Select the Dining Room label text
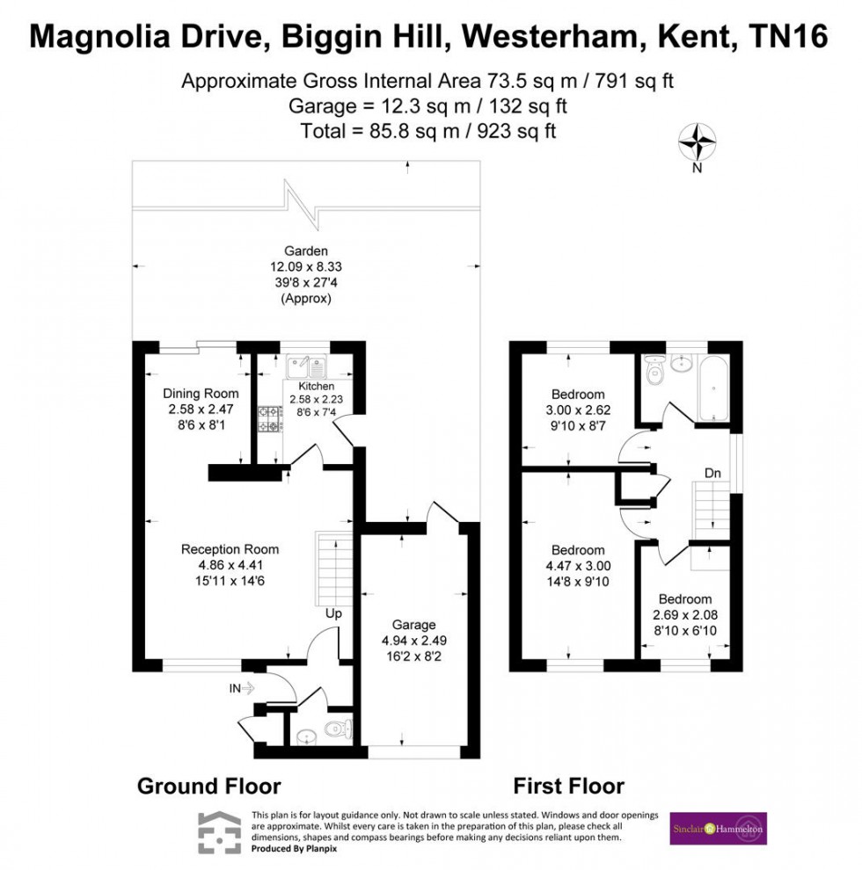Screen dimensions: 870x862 point(201,393)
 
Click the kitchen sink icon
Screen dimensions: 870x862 point(307,364)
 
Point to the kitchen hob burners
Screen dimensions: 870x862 point(267,419)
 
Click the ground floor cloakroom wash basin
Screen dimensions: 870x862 point(306,736)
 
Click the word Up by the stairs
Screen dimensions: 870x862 point(333,613)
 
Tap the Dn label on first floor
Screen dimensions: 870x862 point(712,474)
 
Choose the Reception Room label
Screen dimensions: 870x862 point(230,549)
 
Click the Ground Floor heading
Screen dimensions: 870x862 point(208,786)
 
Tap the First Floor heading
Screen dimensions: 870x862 point(568,786)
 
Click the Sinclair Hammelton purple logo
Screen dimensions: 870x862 point(718,828)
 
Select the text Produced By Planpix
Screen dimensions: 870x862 point(294,848)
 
